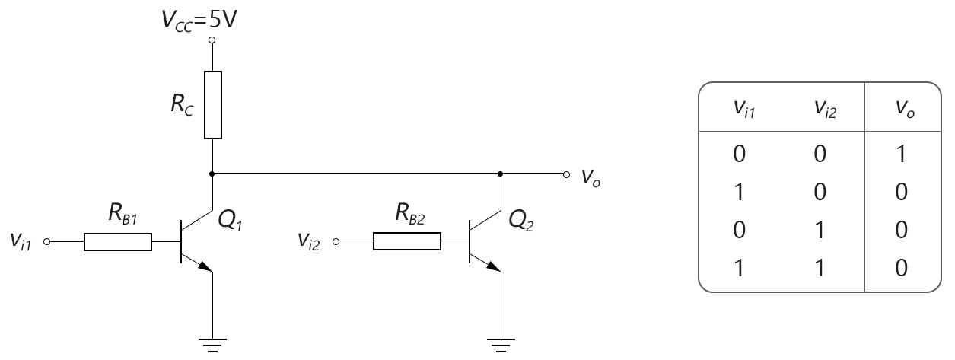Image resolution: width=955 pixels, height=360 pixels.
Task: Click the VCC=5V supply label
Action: click(199, 20)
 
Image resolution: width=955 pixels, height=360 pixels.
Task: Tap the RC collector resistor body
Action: click(213, 105)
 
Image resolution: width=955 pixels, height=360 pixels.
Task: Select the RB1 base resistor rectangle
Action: click(118, 242)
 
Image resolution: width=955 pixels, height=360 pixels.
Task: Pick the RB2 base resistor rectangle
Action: click(406, 241)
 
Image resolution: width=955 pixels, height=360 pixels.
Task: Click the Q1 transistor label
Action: click(231, 221)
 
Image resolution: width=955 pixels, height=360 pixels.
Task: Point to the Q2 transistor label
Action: click(521, 221)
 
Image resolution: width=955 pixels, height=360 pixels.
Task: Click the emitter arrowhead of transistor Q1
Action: click(205, 266)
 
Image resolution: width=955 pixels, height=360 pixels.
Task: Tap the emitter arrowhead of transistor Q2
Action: click(494, 266)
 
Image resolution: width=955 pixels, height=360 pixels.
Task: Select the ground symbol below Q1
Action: click(212, 346)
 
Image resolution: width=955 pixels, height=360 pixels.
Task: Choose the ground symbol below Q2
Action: click(501, 346)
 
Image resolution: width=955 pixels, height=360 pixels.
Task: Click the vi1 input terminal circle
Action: click(47, 242)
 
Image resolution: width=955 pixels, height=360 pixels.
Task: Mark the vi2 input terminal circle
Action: click(336, 242)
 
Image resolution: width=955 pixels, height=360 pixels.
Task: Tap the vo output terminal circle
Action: click(566, 174)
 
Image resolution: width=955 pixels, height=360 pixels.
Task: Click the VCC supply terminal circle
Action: click(212, 40)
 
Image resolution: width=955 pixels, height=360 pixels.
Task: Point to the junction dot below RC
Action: click(212, 174)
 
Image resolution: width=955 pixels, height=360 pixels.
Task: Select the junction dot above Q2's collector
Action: click(501, 174)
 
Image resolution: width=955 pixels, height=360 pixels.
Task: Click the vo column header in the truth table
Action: click(905, 109)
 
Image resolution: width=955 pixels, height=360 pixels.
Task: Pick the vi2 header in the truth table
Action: click(826, 109)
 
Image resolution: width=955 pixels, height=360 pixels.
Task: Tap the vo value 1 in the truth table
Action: click(901, 154)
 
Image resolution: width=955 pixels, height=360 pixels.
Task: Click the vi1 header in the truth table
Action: click(744, 109)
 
